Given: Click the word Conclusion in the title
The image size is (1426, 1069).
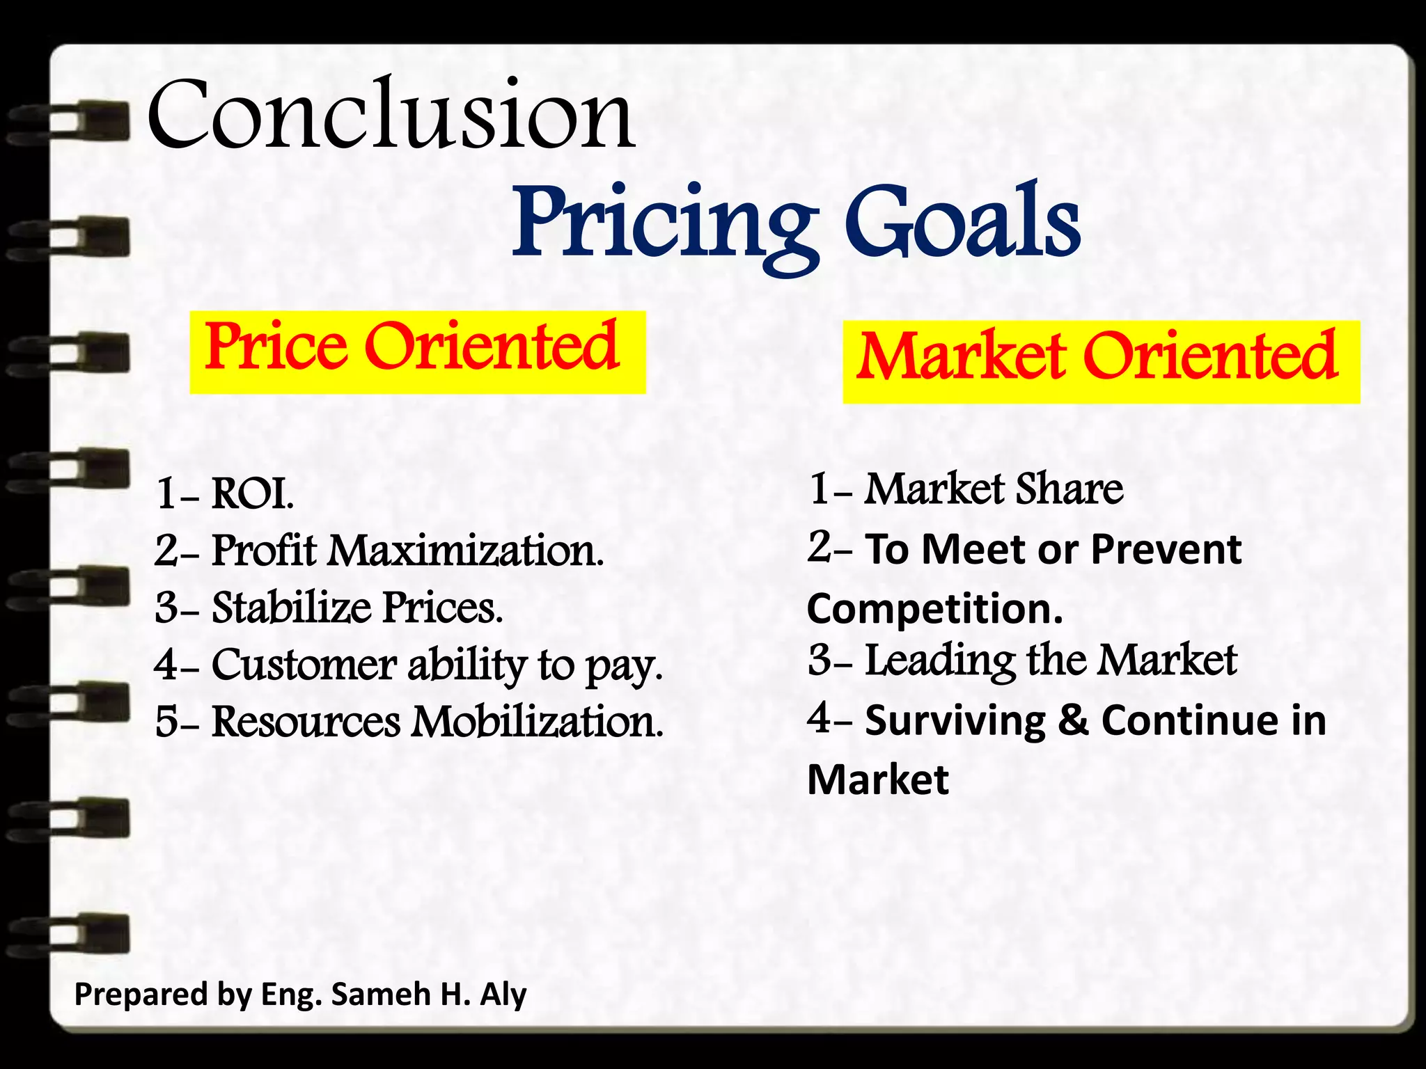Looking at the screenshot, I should pos(390,115).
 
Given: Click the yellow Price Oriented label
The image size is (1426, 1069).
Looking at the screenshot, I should pos(417,351).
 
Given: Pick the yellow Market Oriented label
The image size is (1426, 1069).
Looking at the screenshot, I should pos(1100,361).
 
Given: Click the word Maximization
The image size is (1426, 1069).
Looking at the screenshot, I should pos(466,551).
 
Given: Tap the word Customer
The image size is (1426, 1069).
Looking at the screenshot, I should pos(304,665).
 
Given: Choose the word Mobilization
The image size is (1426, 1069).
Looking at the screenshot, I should pos(537,722).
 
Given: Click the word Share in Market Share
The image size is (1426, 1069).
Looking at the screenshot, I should pos(1069,489).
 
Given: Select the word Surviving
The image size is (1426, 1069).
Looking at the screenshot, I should pos(955,720).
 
